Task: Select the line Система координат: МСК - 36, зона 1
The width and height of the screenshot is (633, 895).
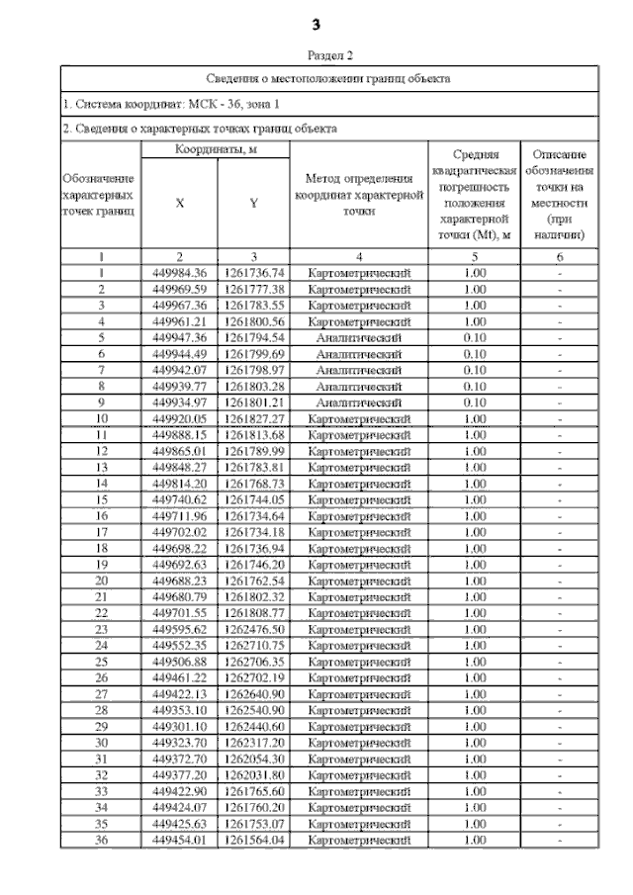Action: [171, 103]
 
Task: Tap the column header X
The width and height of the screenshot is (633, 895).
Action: [179, 203]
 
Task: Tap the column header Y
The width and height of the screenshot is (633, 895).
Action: [253, 203]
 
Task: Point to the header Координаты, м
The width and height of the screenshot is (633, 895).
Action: [216, 149]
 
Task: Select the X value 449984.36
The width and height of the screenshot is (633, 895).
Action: [179, 272]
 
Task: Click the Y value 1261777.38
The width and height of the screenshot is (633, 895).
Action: [253, 289]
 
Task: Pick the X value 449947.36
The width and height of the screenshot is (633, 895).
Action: [179, 337]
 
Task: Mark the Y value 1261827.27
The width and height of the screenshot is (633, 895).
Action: [253, 418]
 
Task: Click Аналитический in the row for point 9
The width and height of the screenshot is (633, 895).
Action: [358, 403]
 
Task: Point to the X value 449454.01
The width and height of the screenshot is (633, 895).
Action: [179, 840]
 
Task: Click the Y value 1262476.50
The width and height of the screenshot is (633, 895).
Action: [253, 629]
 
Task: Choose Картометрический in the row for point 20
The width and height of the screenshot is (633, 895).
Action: [358, 581]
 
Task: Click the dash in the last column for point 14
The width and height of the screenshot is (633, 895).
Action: [560, 484]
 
